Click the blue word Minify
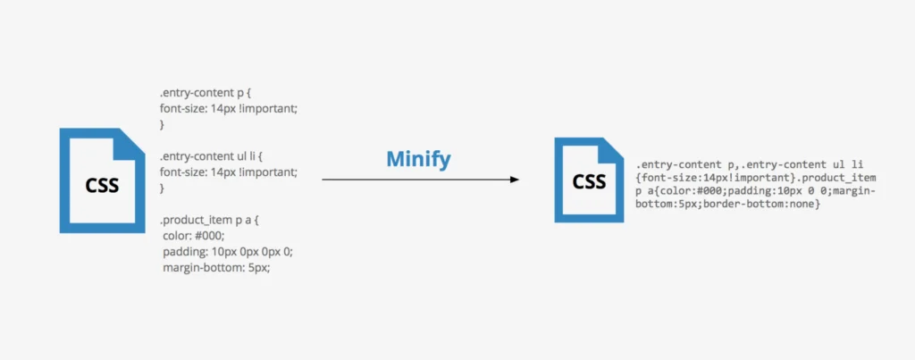coord(418,159)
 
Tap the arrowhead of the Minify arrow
coord(514,180)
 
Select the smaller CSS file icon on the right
coord(588,180)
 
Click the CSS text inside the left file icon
coord(102,186)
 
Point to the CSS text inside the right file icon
coord(589,182)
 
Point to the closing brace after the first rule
coord(163,124)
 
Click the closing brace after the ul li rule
coord(163,188)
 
